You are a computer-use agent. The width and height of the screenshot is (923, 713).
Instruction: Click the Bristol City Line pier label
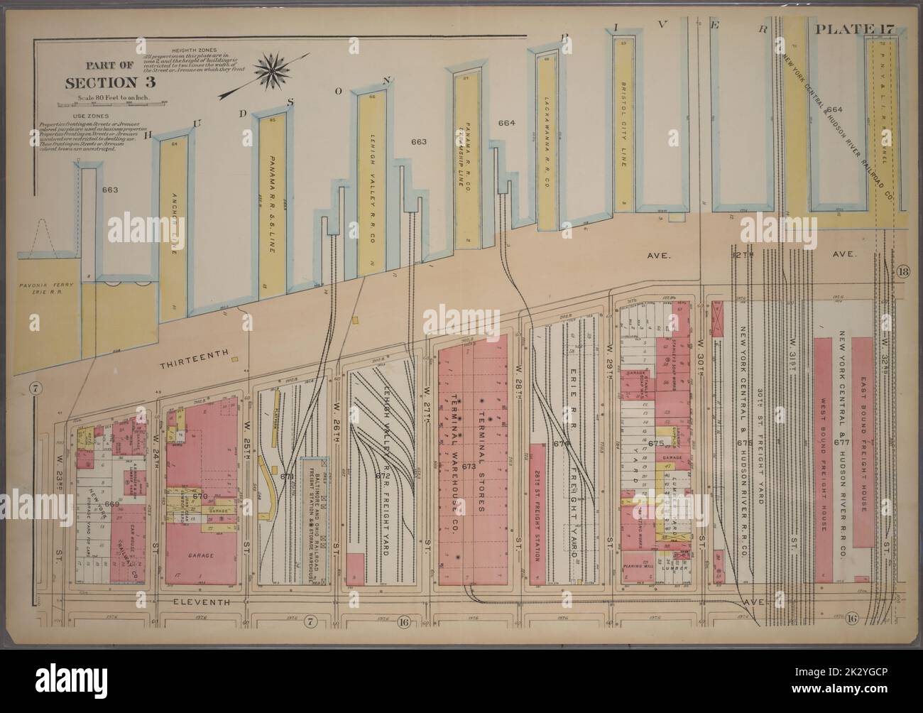623,129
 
